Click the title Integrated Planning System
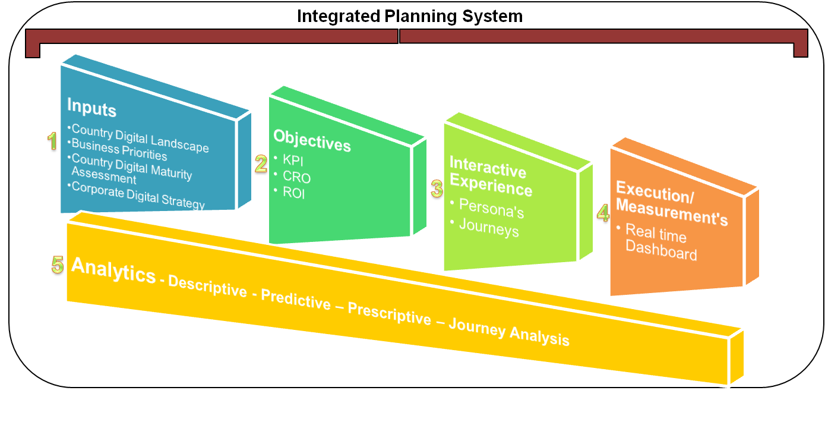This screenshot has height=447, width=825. click(409, 16)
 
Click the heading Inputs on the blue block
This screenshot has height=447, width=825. click(91, 108)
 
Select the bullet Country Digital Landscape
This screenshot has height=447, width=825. click(140, 137)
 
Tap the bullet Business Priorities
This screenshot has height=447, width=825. click(119, 150)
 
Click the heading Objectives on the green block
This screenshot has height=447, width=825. click(312, 140)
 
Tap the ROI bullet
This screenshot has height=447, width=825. click(294, 193)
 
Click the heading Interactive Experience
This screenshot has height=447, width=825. click(490, 178)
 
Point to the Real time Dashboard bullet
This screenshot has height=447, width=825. click(660, 243)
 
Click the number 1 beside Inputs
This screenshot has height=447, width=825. click(52, 141)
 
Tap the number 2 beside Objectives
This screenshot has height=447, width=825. click(260, 163)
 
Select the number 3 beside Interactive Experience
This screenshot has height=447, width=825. click(437, 189)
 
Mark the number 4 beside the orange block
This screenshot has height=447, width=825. click(603, 213)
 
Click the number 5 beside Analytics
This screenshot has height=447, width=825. click(57, 265)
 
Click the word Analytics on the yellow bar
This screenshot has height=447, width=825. click(113, 272)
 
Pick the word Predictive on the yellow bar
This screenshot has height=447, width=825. click(295, 300)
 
